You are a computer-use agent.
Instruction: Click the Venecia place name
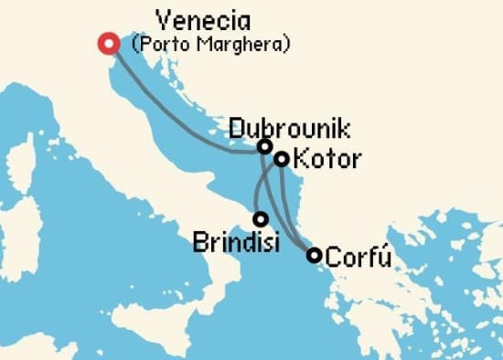point(204,20)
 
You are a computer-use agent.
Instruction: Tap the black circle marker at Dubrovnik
point(264,146)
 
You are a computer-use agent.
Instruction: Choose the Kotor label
point(328,160)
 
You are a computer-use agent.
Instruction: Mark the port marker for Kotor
point(282,159)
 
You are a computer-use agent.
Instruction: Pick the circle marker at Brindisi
point(261,219)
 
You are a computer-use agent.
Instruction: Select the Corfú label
point(359,256)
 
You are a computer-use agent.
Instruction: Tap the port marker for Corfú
point(314,255)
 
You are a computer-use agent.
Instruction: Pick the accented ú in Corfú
point(384,256)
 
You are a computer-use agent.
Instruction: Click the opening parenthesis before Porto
point(136,43)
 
